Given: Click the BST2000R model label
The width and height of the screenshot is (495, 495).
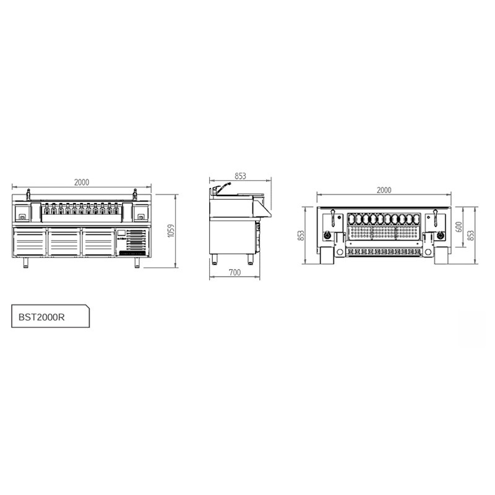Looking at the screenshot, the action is click(x=41, y=317).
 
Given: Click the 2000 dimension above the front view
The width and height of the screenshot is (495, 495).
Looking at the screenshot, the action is click(x=82, y=182).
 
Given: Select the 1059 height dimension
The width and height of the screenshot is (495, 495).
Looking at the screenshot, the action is click(x=171, y=230).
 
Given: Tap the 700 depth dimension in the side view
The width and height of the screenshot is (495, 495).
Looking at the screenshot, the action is click(x=235, y=272).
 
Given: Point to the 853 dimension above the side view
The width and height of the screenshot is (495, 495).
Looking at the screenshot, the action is click(x=240, y=176).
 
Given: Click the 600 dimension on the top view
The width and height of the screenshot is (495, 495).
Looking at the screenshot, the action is click(x=458, y=226).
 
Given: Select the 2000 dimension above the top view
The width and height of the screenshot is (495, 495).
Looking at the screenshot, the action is click(x=384, y=190).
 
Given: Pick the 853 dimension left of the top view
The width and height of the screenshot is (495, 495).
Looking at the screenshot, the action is click(x=301, y=235).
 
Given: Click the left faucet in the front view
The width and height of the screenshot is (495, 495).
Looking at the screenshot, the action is click(x=28, y=194).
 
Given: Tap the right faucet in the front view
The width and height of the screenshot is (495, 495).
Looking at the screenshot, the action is click(x=135, y=194).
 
